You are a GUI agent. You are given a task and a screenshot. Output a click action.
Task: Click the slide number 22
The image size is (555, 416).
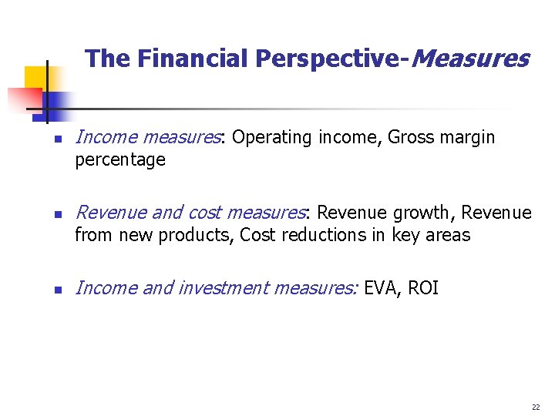[x=536, y=407]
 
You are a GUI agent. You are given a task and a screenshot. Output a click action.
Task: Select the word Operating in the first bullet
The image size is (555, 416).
[x=266, y=138]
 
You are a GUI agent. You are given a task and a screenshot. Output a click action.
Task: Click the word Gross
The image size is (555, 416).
[x=411, y=137]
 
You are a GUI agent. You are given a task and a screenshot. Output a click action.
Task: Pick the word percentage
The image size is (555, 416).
[x=120, y=160]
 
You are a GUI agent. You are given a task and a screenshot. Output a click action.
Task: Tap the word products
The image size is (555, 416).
[x=196, y=235]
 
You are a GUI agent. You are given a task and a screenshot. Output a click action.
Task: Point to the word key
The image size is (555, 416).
[x=405, y=235]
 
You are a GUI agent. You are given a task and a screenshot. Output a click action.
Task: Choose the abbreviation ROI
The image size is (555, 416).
[x=423, y=288]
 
